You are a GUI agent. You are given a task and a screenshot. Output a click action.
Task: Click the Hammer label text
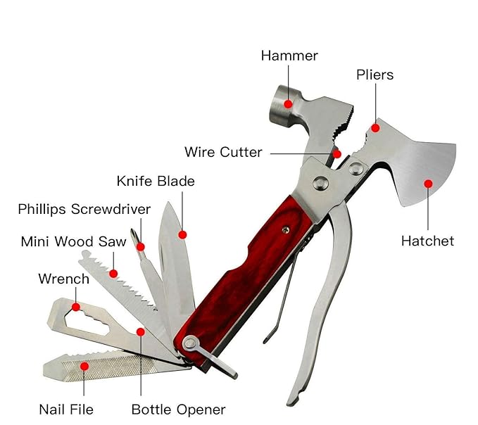click(x=289, y=56)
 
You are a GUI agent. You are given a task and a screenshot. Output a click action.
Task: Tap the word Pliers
click(x=375, y=75)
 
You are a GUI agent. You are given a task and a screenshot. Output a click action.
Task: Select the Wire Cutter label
click(x=223, y=152)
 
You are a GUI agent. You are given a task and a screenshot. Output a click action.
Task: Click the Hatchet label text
click(x=427, y=241)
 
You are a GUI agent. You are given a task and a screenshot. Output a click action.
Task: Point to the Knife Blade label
click(x=156, y=182)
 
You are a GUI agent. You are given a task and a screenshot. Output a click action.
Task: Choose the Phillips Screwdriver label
click(x=84, y=209)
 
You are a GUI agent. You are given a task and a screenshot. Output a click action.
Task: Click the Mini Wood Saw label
click(x=73, y=241)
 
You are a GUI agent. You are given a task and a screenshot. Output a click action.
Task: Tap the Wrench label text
click(x=63, y=279)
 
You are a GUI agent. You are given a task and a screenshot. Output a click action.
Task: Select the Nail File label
click(x=66, y=409)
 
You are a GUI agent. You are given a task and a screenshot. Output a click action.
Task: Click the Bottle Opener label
click(x=179, y=409)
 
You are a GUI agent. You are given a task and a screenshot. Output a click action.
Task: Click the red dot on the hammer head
click(x=288, y=104)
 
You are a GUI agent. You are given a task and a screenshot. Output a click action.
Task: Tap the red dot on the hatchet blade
click(x=427, y=184)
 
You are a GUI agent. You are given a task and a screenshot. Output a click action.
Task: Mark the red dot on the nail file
click(x=84, y=366)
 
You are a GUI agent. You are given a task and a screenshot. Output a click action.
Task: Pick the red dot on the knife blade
click(x=182, y=234)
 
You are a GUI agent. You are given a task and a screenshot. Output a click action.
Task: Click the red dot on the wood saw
click(x=113, y=273)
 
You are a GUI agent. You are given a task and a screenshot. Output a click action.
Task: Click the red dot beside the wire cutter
click(x=338, y=154)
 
